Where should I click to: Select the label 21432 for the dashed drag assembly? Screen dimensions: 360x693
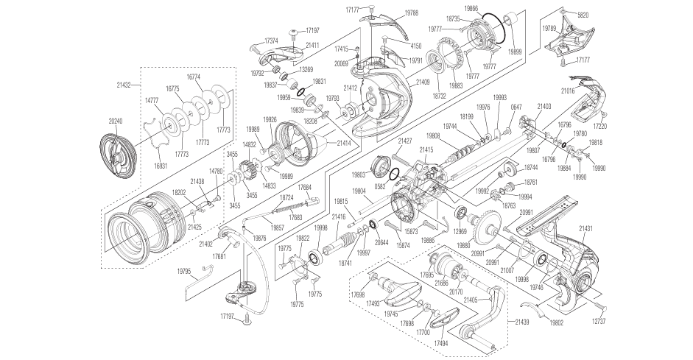point(123,86)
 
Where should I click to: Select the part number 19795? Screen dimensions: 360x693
point(184,272)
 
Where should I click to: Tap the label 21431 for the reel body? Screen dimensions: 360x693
point(586,230)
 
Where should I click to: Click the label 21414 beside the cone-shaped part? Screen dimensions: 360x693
point(344,143)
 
